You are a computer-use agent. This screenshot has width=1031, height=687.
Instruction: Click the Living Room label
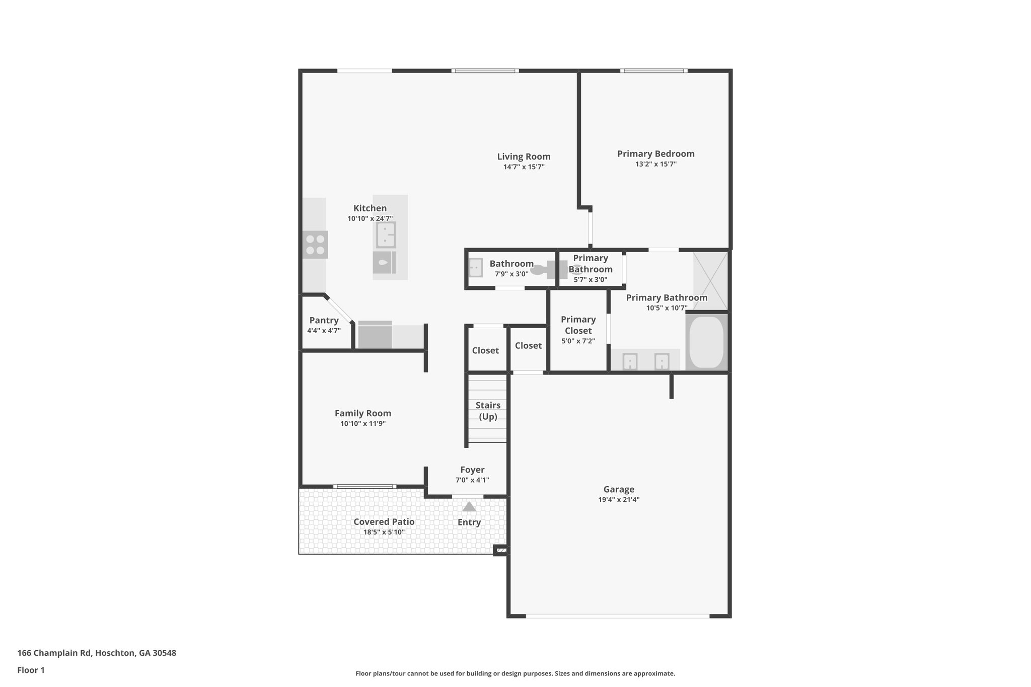click(524, 157)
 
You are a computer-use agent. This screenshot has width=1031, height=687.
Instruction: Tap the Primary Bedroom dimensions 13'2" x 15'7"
click(655, 164)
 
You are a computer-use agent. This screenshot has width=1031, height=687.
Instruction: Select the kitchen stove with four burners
click(315, 245)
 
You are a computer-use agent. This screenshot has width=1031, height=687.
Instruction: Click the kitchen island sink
click(386, 235)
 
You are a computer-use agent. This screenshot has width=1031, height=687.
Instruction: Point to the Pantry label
click(324, 320)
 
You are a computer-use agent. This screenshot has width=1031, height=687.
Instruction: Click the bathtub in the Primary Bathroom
click(706, 342)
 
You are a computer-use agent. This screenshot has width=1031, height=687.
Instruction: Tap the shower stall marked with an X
click(710, 280)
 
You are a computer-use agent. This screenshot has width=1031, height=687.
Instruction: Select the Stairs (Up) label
click(488, 411)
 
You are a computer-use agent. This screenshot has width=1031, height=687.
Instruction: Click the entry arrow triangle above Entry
click(469, 507)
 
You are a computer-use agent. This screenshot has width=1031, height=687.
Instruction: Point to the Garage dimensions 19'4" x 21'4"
click(619, 500)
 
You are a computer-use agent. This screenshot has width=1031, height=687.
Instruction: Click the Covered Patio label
click(384, 522)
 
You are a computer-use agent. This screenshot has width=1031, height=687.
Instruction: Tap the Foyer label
click(472, 470)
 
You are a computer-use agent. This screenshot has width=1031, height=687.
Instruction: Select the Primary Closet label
click(578, 325)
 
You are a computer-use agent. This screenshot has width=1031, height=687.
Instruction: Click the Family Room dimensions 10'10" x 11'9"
click(362, 424)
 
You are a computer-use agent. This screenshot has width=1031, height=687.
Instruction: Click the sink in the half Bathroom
click(475, 267)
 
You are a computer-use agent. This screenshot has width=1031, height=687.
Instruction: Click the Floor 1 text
click(31, 670)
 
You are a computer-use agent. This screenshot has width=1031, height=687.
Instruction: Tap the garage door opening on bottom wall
click(618, 616)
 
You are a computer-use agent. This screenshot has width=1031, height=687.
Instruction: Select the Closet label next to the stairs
click(485, 350)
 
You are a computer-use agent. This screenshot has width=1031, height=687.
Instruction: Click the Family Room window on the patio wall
click(364, 486)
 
